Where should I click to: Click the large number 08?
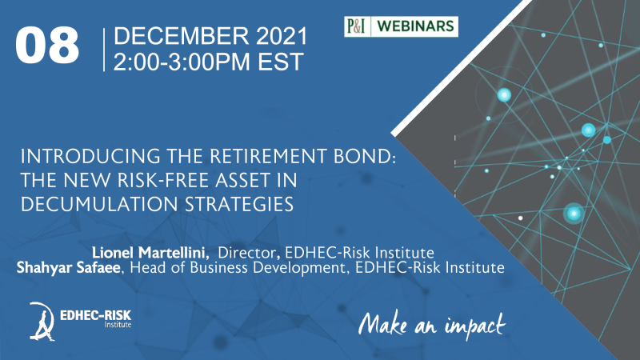(x=47, y=45)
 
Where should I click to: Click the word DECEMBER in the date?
(x=181, y=36)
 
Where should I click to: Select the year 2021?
(x=282, y=36)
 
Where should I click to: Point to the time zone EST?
(x=281, y=62)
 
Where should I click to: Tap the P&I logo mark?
(x=356, y=26)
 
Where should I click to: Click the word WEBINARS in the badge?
(x=415, y=26)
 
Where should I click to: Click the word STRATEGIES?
(x=239, y=204)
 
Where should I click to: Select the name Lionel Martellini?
(x=150, y=253)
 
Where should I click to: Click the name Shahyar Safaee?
(x=69, y=268)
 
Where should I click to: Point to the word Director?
(x=249, y=253)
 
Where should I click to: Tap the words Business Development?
(x=269, y=268)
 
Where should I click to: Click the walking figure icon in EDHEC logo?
(x=42, y=322)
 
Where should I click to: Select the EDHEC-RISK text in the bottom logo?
(x=95, y=315)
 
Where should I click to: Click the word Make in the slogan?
(x=382, y=325)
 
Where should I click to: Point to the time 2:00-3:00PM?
(x=182, y=62)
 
